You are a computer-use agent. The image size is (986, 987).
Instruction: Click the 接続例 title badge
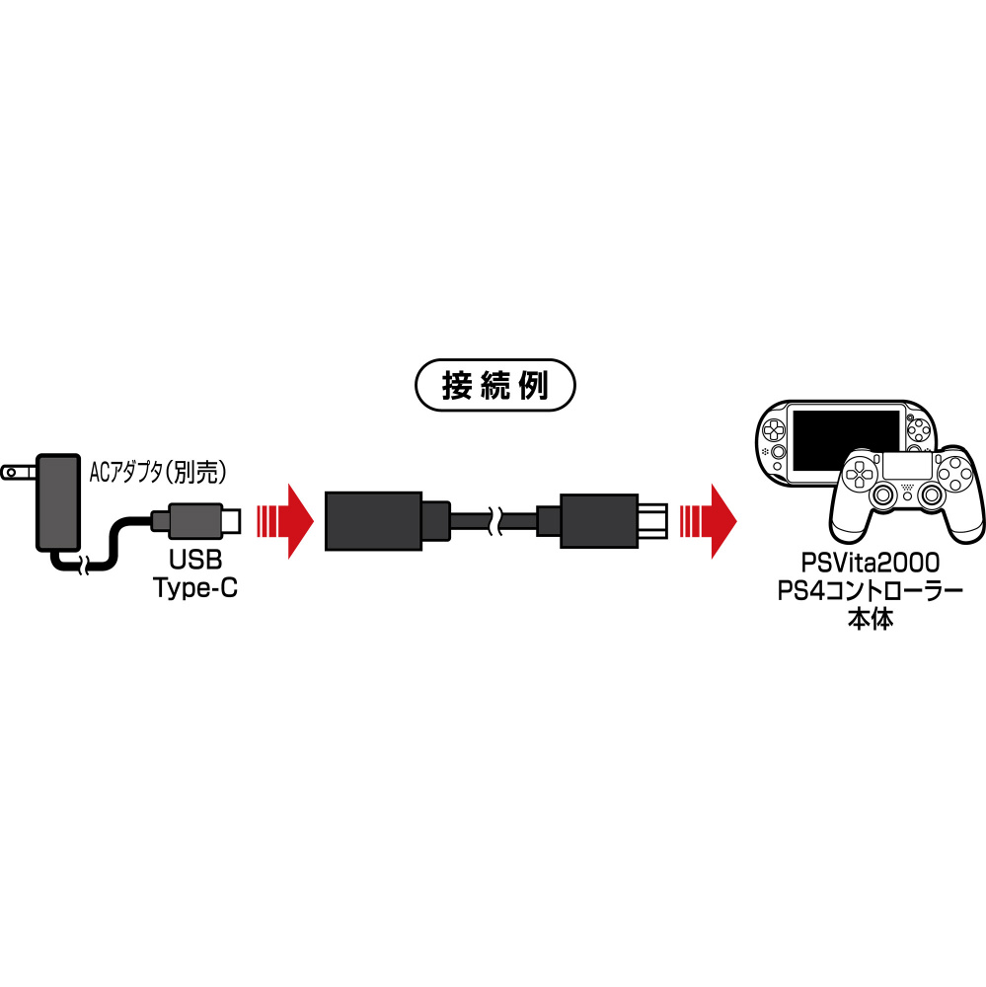tap(494, 385)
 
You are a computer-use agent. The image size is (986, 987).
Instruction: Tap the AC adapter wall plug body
tap(58, 501)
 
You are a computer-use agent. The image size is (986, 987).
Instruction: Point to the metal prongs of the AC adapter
tap(19, 472)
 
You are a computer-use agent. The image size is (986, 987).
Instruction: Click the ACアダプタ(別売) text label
tap(157, 472)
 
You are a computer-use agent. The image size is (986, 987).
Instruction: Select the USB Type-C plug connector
tap(195, 520)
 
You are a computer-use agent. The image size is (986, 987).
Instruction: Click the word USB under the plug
tap(195, 560)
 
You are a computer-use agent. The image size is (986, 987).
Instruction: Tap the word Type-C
tap(195, 588)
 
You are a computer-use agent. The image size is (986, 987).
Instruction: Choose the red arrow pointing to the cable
tap(285, 521)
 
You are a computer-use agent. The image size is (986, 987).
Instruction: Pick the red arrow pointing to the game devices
tap(708, 521)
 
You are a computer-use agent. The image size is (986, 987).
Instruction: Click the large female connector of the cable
tap(387, 521)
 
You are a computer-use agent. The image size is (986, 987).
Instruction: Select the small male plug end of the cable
tap(601, 521)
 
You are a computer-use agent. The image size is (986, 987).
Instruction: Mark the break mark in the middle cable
tap(493, 521)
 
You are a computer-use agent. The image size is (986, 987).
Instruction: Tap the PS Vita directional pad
tap(772, 431)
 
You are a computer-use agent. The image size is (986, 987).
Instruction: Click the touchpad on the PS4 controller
tap(907, 466)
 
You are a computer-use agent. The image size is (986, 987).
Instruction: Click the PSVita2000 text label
tap(871, 563)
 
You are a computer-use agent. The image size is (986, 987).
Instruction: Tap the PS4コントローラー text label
tap(871, 591)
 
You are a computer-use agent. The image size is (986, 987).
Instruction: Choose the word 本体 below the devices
tap(871, 620)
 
